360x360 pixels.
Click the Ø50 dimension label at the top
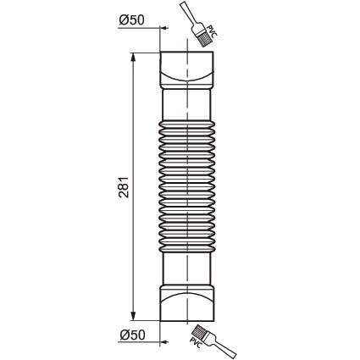131,19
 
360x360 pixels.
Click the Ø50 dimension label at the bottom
132,335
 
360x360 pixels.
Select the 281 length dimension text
124,187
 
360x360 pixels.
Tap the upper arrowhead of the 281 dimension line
133,58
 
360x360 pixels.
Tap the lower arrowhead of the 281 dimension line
133,315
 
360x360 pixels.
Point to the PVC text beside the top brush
212,32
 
